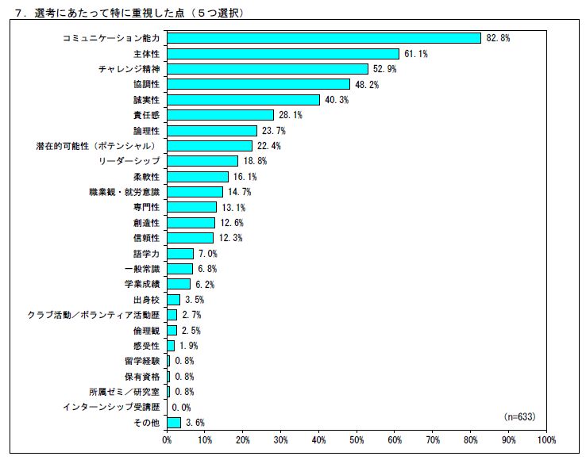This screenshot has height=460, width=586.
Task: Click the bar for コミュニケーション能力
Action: (x=324, y=38)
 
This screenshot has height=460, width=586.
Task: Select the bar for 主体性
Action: (x=283, y=53)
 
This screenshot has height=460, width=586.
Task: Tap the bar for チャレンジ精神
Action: (x=268, y=69)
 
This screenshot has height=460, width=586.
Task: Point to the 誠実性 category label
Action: (x=146, y=100)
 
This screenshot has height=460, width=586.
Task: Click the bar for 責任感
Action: (x=220, y=115)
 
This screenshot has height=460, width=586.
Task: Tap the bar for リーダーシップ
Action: (x=202, y=161)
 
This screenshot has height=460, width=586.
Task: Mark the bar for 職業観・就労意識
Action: (x=195, y=192)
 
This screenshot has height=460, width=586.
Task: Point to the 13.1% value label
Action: (x=232, y=208)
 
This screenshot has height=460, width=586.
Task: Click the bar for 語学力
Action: (x=180, y=254)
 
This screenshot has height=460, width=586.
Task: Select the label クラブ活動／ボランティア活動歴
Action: (x=93, y=315)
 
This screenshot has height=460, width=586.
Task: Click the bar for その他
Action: (x=174, y=423)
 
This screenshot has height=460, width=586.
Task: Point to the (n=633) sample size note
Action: (x=520, y=416)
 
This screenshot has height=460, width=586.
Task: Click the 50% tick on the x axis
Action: (x=357, y=439)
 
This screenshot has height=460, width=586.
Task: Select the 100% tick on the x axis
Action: (x=545, y=439)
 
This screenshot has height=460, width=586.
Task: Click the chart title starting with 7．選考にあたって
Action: (x=127, y=13)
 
